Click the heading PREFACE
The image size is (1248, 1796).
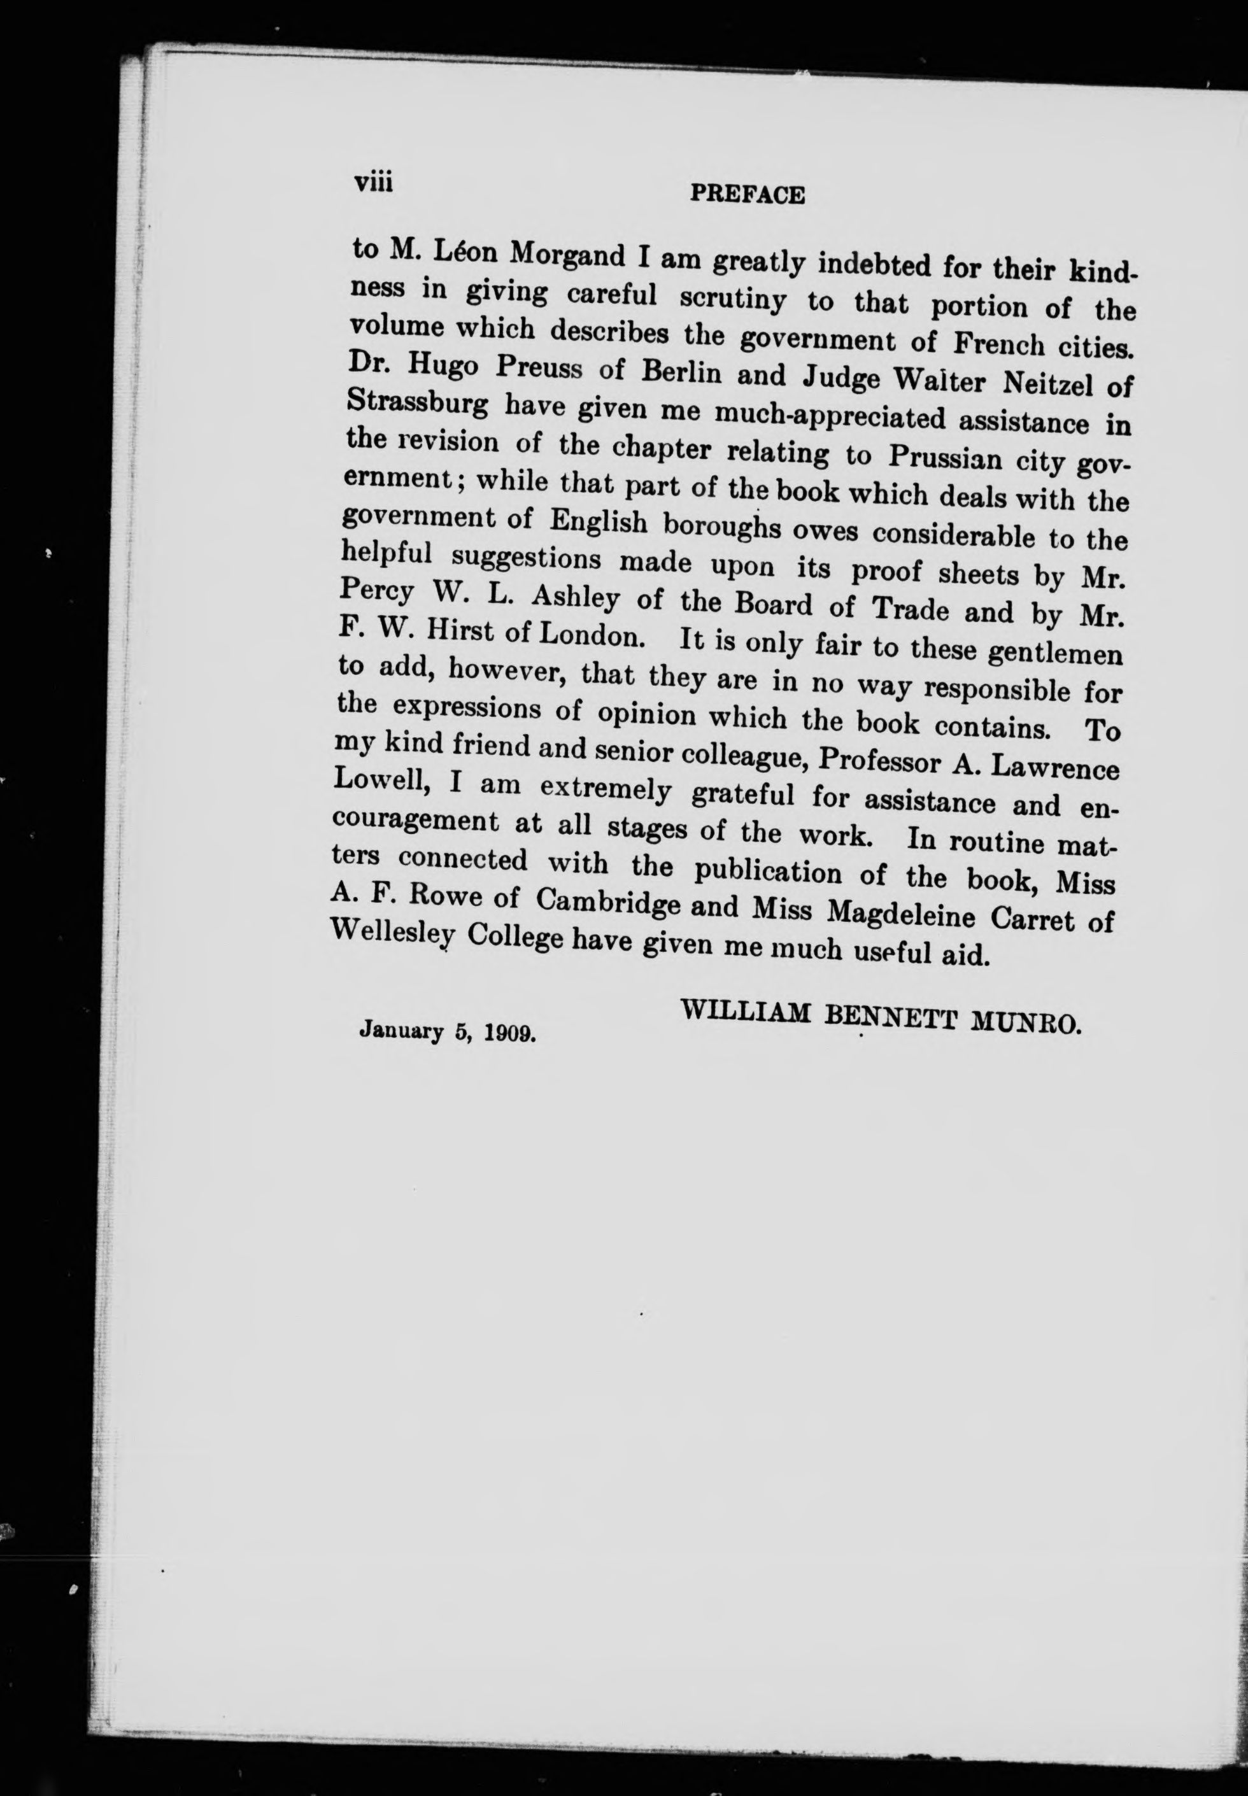tap(747, 195)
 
